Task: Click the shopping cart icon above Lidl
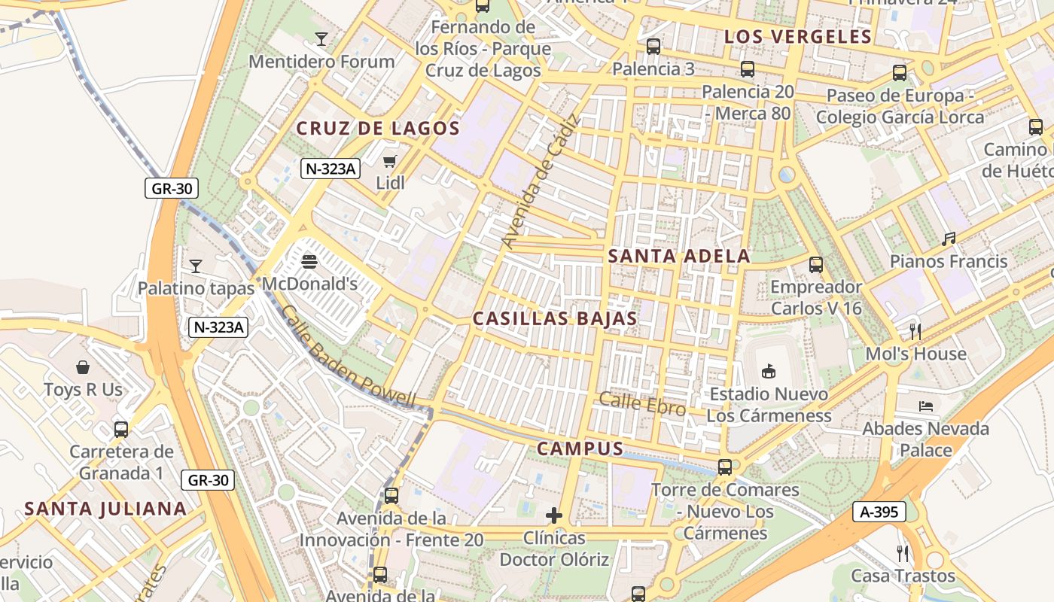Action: (x=390, y=161)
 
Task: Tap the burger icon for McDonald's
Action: (x=309, y=262)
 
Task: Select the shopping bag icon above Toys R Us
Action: (x=83, y=367)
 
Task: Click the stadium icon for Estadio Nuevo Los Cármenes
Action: (x=769, y=371)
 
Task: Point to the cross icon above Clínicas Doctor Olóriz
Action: (x=554, y=515)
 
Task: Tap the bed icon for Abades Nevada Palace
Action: (x=926, y=406)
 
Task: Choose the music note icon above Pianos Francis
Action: (x=949, y=239)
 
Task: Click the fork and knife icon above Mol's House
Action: (x=915, y=331)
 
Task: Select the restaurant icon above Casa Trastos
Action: (x=903, y=554)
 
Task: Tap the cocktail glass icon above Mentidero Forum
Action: (x=321, y=39)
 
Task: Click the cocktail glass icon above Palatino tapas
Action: (x=196, y=266)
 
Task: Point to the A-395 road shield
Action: (x=879, y=512)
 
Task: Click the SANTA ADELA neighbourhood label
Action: (x=679, y=256)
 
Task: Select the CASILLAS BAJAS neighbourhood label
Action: (x=555, y=318)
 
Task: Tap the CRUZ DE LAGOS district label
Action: (x=378, y=129)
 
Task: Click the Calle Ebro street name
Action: (x=642, y=404)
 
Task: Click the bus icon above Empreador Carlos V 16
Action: (x=816, y=265)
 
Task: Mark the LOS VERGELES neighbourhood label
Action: (x=798, y=36)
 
